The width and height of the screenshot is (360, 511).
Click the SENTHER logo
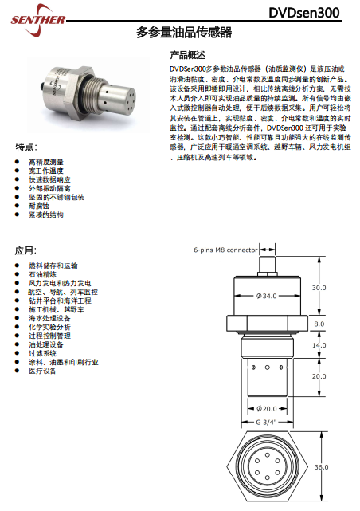[37, 20]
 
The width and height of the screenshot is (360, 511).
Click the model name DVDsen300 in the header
[304, 13]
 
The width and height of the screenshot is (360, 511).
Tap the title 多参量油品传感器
[184, 32]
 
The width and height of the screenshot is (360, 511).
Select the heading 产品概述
[187, 55]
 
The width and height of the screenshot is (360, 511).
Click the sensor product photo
[88, 94]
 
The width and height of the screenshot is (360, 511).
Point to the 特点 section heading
[26, 147]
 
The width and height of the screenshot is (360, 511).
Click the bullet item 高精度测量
[46, 162]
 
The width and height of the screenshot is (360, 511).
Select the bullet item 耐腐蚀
[39, 206]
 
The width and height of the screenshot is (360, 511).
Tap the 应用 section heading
[25, 250]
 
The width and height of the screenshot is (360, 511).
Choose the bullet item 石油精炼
[42, 274]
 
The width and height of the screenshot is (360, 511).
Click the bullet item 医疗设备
[42, 371]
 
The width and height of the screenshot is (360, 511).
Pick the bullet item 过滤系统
[42, 353]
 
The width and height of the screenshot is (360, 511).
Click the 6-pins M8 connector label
[225, 250]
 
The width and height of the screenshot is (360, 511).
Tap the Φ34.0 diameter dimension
[266, 296]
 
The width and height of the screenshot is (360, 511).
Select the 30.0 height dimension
[319, 288]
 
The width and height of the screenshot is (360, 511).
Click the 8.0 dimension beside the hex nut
[319, 324]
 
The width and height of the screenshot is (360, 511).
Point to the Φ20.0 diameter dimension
[267, 409]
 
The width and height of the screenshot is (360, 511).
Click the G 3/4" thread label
[266, 422]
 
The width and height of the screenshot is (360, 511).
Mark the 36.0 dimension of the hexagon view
[321, 467]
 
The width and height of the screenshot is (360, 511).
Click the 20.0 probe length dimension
[319, 376]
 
